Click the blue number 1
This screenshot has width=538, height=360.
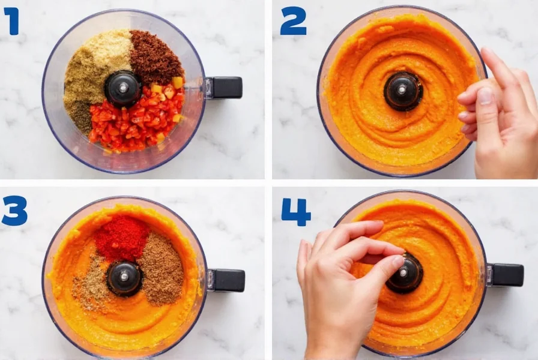pyautogui.click(x=12, y=21)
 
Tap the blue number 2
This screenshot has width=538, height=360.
pyautogui.click(x=293, y=21)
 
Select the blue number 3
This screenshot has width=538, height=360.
pyautogui.click(x=14, y=211)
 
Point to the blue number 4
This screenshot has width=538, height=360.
pyautogui.click(x=296, y=212)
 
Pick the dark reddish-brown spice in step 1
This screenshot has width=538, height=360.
pyautogui.click(x=155, y=57)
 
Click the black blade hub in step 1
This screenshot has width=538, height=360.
pyautogui.click(x=123, y=88)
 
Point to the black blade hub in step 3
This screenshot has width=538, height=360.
pyautogui.click(x=124, y=278)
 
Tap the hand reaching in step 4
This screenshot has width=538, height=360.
pyautogui.click(x=339, y=282)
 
